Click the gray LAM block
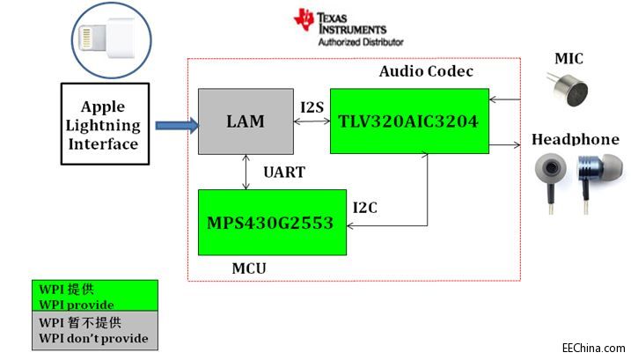[244, 121]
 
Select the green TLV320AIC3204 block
[409, 121]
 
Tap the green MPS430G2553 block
[269, 222]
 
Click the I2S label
[312, 107]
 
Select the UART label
[283, 173]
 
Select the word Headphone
[575, 140]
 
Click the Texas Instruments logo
[348, 22]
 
